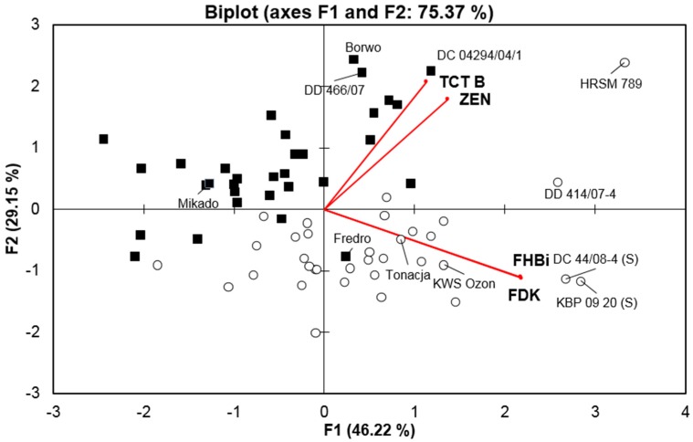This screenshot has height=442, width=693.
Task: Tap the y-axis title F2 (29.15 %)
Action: click(x=13, y=210)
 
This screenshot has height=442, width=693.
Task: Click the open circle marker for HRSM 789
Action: click(x=625, y=63)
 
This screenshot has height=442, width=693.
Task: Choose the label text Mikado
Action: click(x=198, y=204)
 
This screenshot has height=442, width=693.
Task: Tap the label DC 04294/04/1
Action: click(x=479, y=55)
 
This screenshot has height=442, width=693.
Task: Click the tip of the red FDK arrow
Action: click(x=520, y=277)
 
